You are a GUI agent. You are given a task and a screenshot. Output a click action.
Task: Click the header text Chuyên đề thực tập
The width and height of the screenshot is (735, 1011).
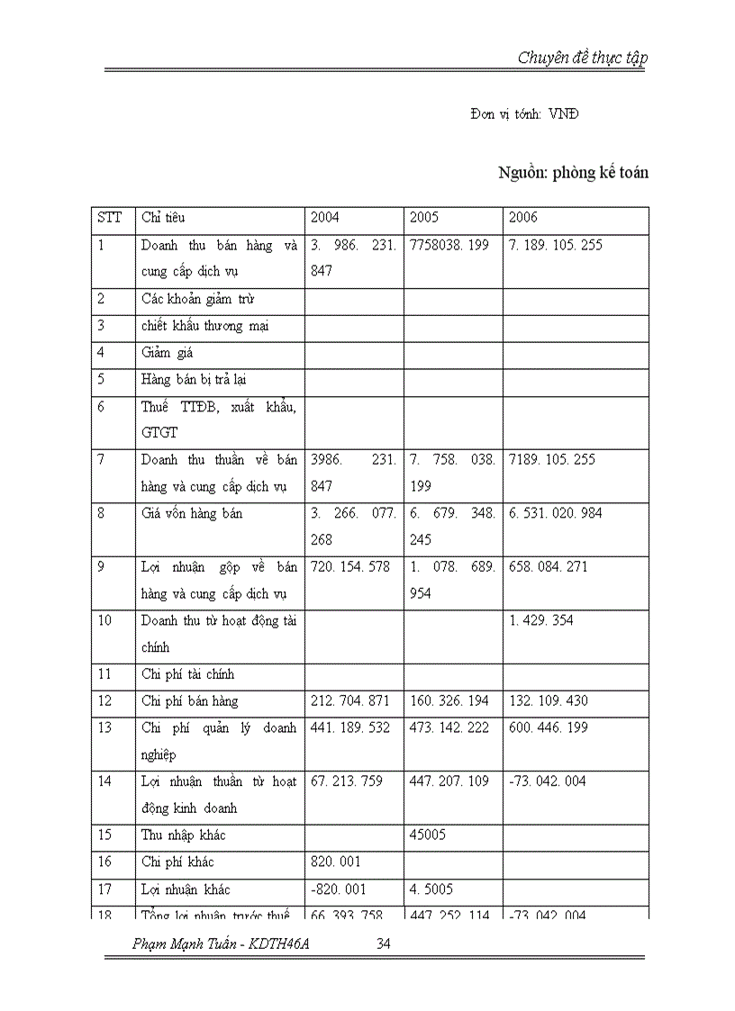pyautogui.click(x=582, y=58)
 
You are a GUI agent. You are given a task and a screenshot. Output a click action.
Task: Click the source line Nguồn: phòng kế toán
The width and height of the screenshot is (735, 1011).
pyautogui.click(x=573, y=173)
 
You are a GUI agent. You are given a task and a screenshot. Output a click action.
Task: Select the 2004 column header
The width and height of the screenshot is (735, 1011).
pyautogui.click(x=325, y=218)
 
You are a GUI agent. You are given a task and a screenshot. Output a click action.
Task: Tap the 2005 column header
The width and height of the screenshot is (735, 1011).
pyautogui.click(x=424, y=218)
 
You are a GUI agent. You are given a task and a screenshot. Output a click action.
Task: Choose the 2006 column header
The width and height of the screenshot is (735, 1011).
pyautogui.click(x=523, y=218)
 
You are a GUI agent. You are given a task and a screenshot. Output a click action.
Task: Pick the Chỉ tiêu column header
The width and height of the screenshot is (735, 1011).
pyautogui.click(x=164, y=218)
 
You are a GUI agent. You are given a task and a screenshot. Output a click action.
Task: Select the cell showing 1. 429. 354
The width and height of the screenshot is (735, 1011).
pyautogui.click(x=541, y=620)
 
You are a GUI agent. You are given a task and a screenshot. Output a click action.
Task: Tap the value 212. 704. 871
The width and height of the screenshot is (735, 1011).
pyautogui.click(x=350, y=701)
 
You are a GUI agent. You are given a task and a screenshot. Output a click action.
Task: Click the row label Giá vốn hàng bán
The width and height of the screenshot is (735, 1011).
pyautogui.click(x=192, y=513)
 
